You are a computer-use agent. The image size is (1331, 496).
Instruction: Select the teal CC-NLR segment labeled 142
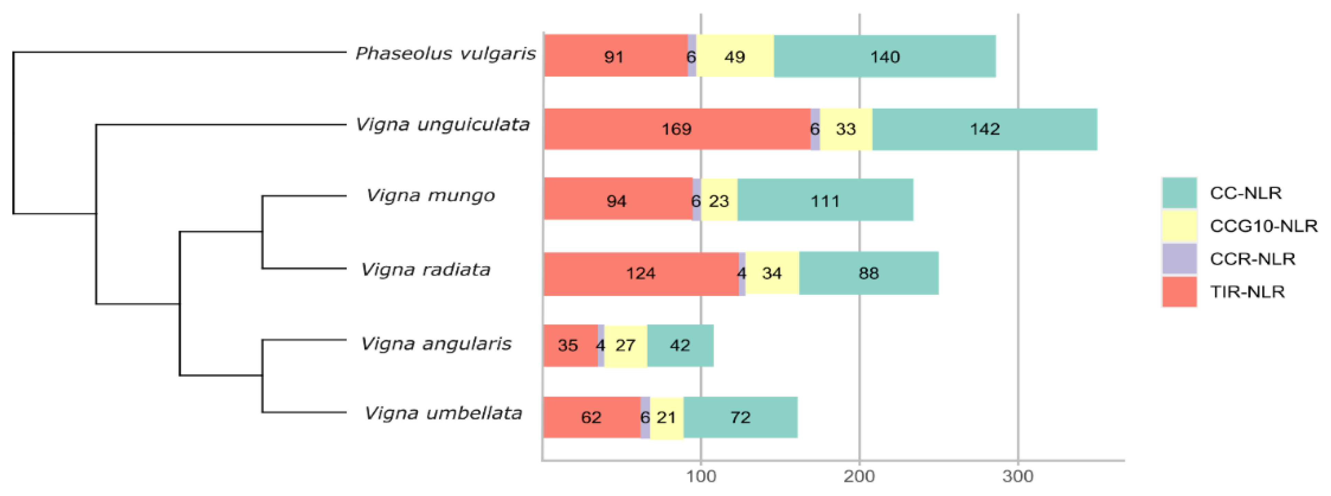pos(984,129)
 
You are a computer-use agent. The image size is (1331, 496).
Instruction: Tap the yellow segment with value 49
pos(734,56)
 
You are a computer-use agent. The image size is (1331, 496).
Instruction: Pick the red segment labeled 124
pos(641,273)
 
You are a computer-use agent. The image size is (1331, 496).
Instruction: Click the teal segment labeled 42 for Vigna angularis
pos(680,345)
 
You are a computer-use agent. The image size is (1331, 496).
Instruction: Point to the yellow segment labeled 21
pos(667,417)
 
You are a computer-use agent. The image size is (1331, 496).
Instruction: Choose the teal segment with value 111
pos(825,201)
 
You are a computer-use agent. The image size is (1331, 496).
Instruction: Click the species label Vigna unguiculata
pos(443,125)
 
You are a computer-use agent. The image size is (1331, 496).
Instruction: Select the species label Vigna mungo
pos(430,195)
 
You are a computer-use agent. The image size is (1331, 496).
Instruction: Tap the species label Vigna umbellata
pos(443,413)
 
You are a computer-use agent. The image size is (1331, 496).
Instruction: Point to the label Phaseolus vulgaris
pos(445,53)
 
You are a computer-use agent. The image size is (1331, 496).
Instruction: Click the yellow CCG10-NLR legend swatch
pos(1179,225)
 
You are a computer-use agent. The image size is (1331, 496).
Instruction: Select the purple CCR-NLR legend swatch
pos(1179,258)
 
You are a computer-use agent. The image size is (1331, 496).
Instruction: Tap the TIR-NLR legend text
pos(1247,292)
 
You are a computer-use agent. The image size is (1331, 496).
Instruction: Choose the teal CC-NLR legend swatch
pos(1179,193)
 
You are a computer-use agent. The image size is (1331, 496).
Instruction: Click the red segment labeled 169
pos(676,129)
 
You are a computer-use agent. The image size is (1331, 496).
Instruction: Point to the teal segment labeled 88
pos(869,273)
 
